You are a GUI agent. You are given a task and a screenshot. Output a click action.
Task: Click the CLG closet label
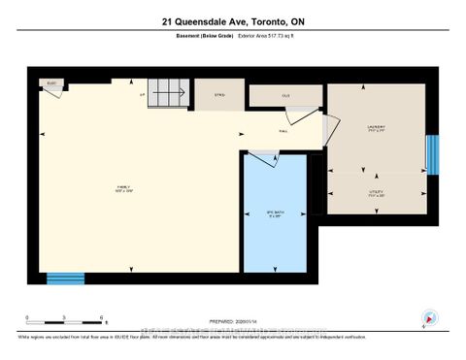[x=285, y=95]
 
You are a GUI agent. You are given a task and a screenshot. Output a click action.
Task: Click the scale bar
[x=65, y=318]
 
